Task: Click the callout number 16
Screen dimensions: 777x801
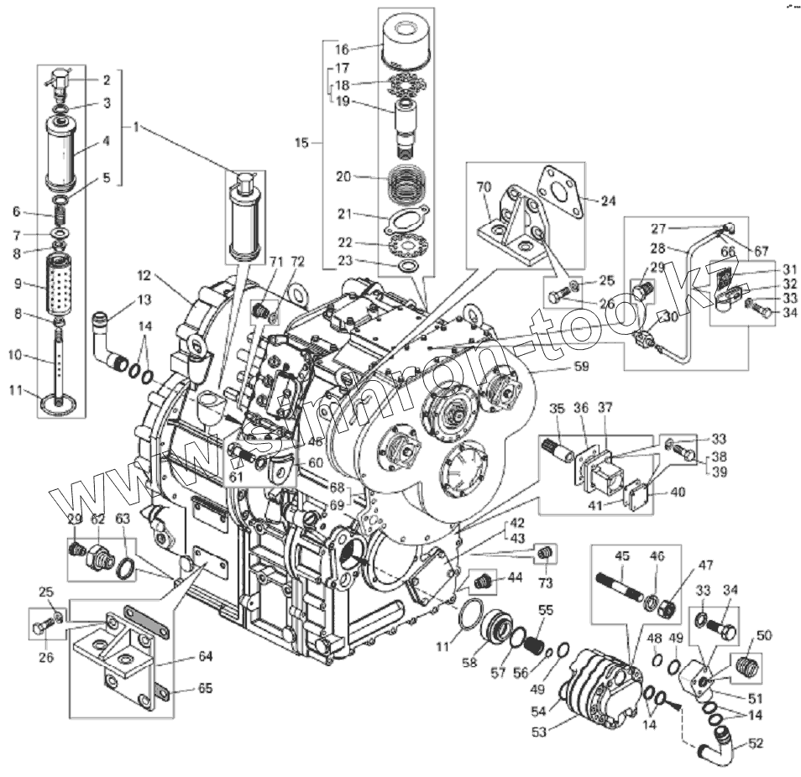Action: pyautogui.click(x=343, y=50)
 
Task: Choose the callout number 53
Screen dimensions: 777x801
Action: pyautogui.click(x=537, y=732)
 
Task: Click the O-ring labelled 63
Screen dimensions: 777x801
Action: pyautogui.click(x=124, y=567)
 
